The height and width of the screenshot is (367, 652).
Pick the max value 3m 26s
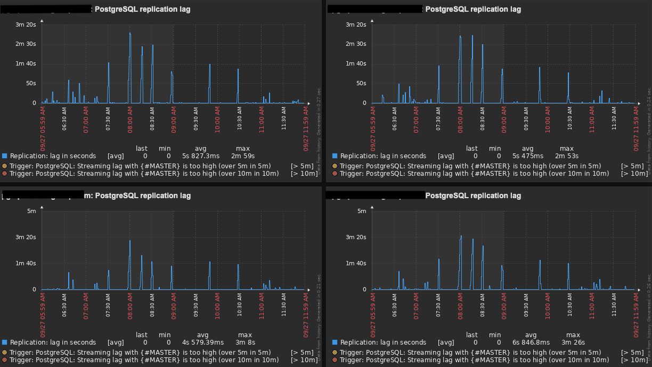pos(573,342)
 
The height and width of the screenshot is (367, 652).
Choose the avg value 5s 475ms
pos(527,156)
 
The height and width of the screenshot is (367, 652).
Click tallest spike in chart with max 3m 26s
pos(461,236)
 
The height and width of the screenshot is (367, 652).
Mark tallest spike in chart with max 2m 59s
pos(130,33)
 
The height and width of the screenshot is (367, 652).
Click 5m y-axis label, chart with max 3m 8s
pos(31,211)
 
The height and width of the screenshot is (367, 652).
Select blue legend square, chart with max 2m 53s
pos(335,156)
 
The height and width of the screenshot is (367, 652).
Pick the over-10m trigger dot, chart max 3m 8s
pos(5,360)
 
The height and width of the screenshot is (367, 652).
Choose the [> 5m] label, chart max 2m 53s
pos(632,166)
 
